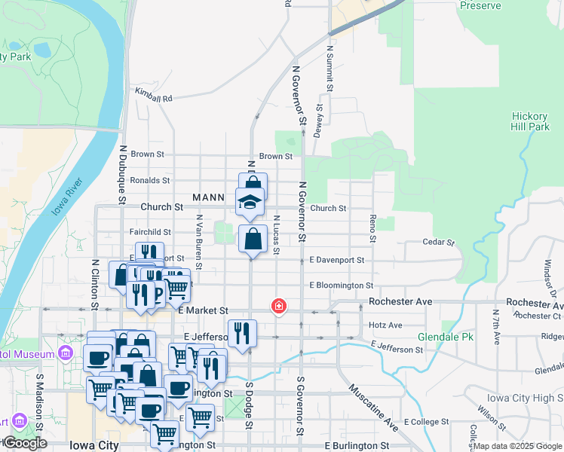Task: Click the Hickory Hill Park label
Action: pos(529,121)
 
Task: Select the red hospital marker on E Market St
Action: pos(279,306)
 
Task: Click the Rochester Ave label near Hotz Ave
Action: pos(400,301)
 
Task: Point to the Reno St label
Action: pos(372,228)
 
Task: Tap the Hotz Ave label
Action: pos(386,325)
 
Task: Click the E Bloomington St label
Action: pos(342,286)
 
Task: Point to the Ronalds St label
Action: pos(149,181)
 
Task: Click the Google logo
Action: pos(25,443)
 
